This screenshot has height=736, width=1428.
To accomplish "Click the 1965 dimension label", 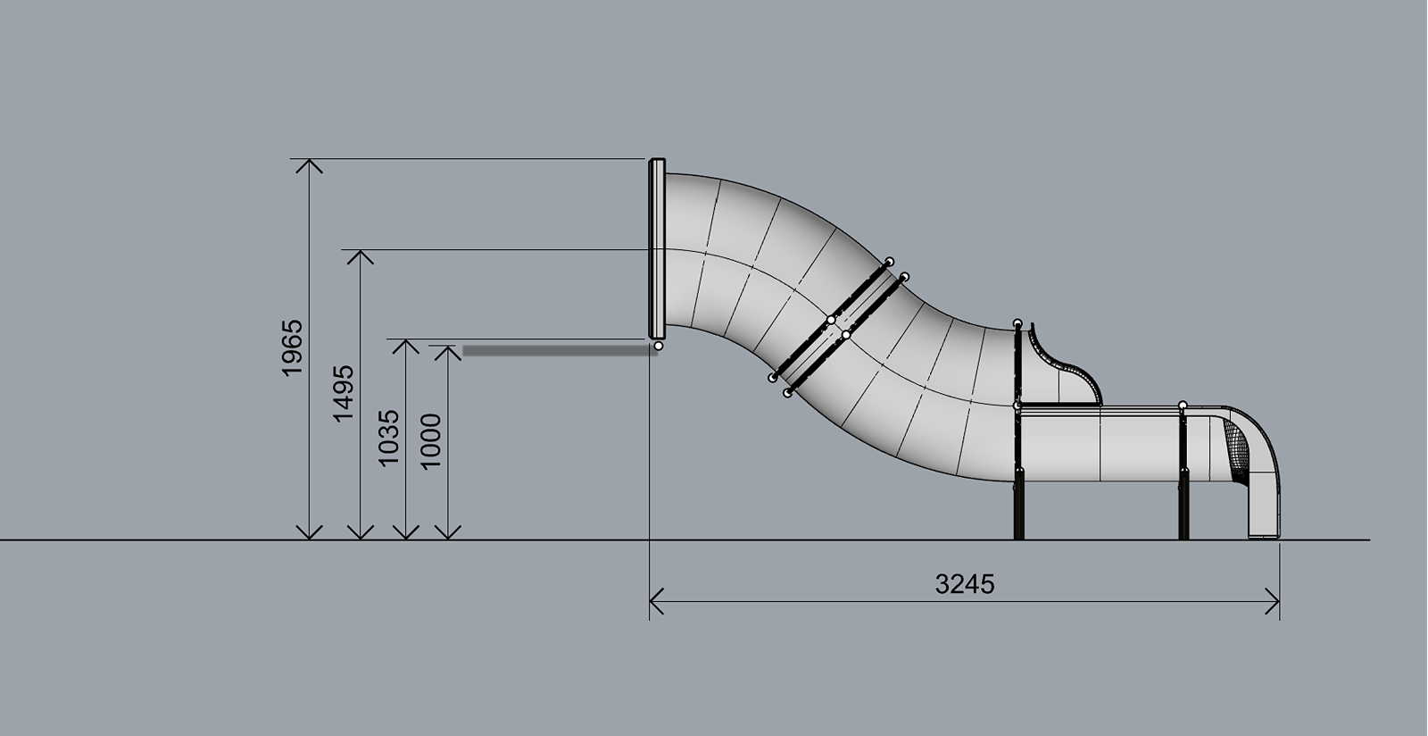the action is pyautogui.click(x=293, y=348).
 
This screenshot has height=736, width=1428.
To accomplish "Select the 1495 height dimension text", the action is pyautogui.click(x=344, y=394).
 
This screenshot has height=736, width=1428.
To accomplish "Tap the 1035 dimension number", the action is pyautogui.click(x=389, y=439).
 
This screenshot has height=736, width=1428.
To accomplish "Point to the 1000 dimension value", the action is pyautogui.click(x=431, y=440).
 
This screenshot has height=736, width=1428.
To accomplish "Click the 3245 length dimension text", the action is pyautogui.click(x=965, y=584).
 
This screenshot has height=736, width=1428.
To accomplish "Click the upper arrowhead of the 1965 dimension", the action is pyautogui.click(x=309, y=166).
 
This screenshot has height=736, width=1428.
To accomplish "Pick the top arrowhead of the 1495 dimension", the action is pyautogui.click(x=361, y=257).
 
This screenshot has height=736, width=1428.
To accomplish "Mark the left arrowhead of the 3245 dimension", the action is pyautogui.click(x=657, y=601).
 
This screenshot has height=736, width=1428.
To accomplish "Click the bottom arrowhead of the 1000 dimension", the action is pyautogui.click(x=448, y=532).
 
